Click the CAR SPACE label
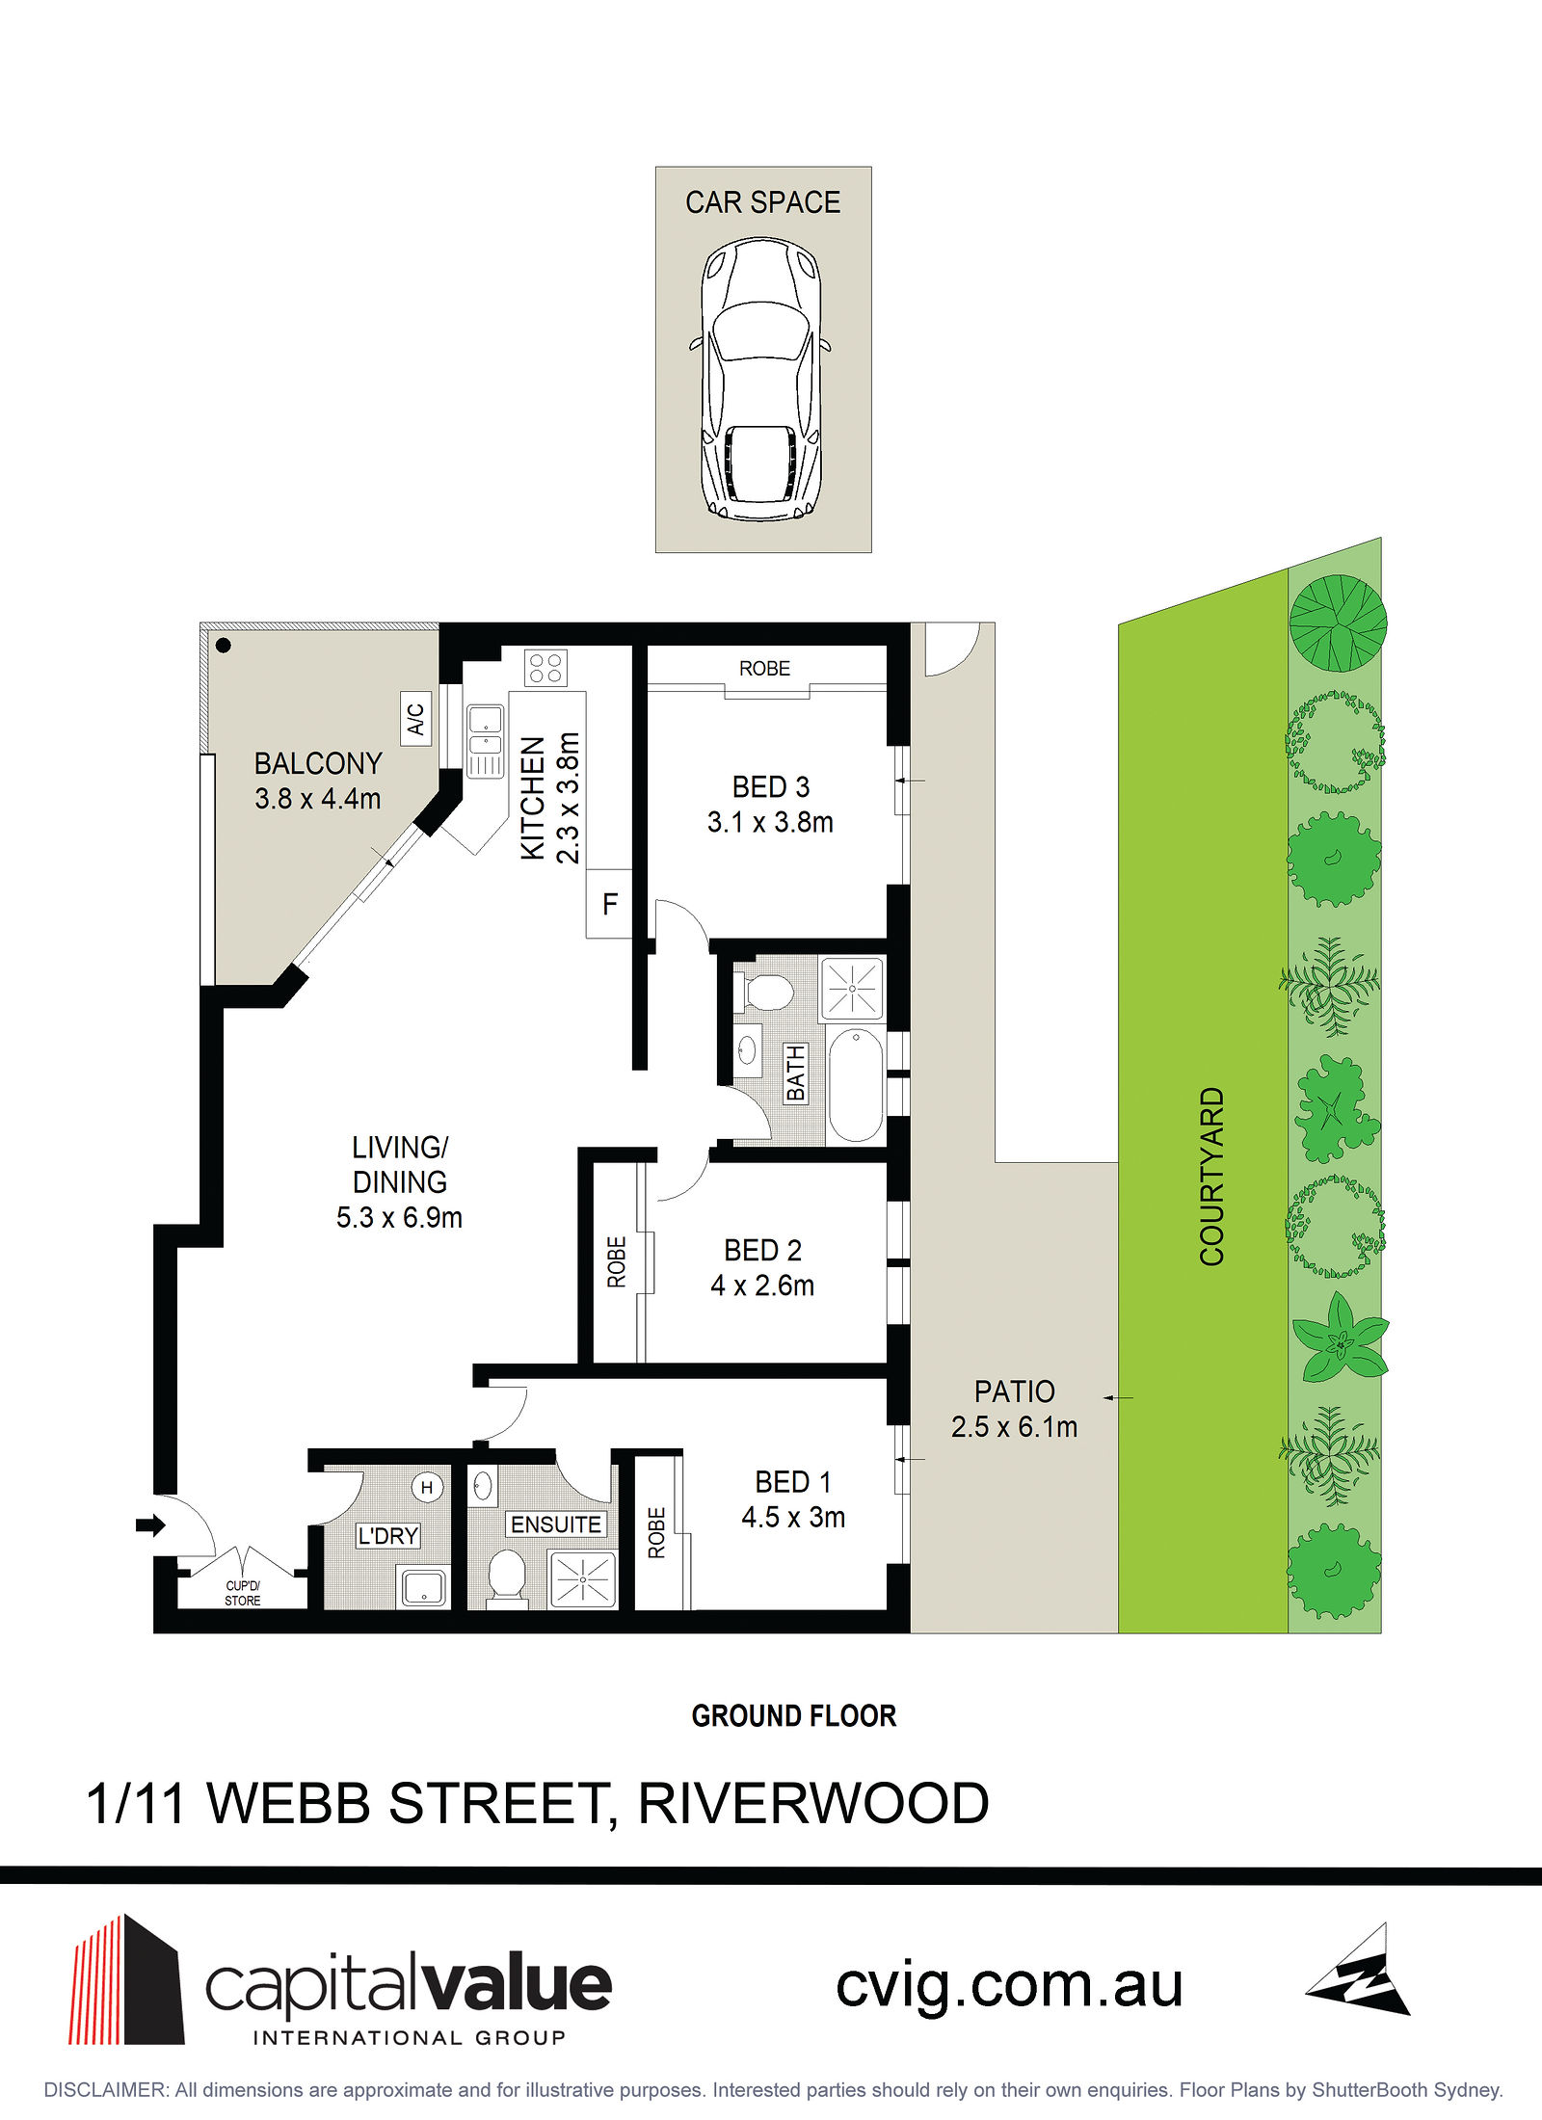pos(762,202)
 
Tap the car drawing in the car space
pos(760,379)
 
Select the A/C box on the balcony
pos(415,719)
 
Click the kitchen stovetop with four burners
pos(545,668)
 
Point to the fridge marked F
pos(609,904)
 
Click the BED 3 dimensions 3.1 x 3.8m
pos(770,822)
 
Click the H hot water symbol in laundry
pos(427,1488)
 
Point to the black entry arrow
pos(150,1525)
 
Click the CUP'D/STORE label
pos(243,1593)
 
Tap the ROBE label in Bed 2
pos(617,1261)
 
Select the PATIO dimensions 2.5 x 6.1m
pos(1014,1427)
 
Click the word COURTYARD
pos(1211,1176)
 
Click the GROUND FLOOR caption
pos(794,1716)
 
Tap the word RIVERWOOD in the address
pos(813,1804)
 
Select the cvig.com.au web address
pos(1009,1987)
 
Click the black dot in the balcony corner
pos(224,646)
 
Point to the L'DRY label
pos(388,1535)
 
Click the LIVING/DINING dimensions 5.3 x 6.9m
pos(399,1218)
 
